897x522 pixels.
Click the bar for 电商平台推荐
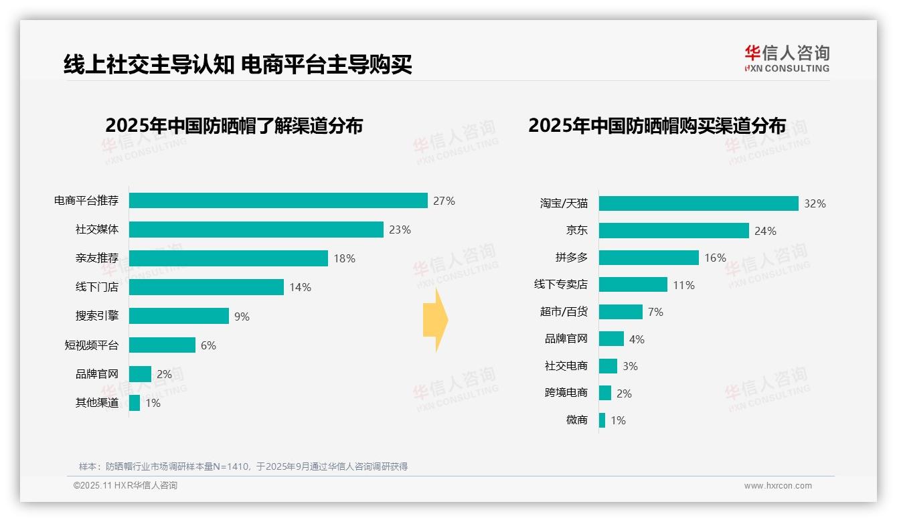[278, 201]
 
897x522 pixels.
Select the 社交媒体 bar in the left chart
[256, 230]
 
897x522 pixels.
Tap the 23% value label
[400, 230]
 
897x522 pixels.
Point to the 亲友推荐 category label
[96, 258]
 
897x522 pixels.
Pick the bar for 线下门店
[206, 287]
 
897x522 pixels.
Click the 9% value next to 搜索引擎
[242, 317]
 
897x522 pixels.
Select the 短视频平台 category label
[91, 345]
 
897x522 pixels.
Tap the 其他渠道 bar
[135, 403]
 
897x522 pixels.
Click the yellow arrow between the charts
[436, 320]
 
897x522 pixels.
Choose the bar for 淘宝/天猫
[698, 203]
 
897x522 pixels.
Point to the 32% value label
[815, 203]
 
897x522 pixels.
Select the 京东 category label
[576, 231]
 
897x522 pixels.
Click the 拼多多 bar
[649, 258]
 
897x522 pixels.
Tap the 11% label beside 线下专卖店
[683, 285]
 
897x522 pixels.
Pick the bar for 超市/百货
[621, 312]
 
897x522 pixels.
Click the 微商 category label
[576, 420]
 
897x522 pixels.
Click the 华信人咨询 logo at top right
[787, 58]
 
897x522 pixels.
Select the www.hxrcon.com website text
[778, 486]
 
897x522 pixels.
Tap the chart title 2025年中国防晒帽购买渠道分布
[657, 126]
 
